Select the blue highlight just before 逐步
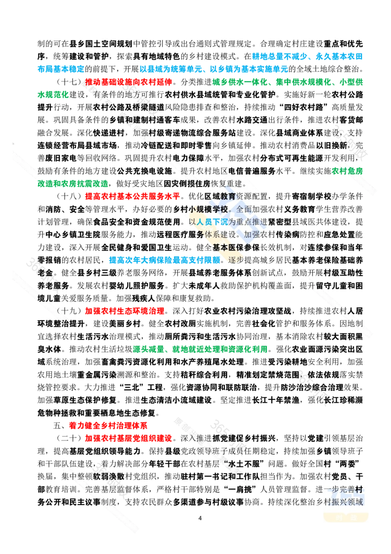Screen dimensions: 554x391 click(164, 260)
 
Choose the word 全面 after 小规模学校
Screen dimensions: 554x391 click(244, 209)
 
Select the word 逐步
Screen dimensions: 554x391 click(236, 260)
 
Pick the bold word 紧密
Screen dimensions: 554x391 click(276, 222)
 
